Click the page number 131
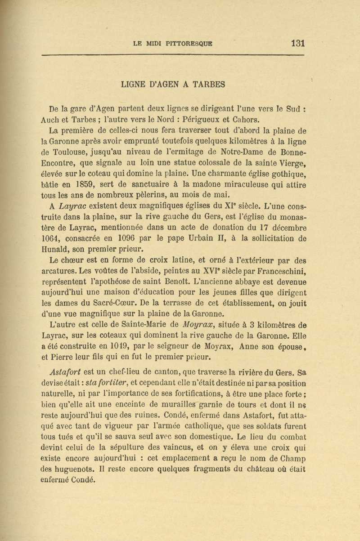click(298, 43)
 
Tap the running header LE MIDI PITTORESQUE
click(173, 44)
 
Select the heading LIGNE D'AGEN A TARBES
click(173, 84)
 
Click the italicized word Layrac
click(73, 206)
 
